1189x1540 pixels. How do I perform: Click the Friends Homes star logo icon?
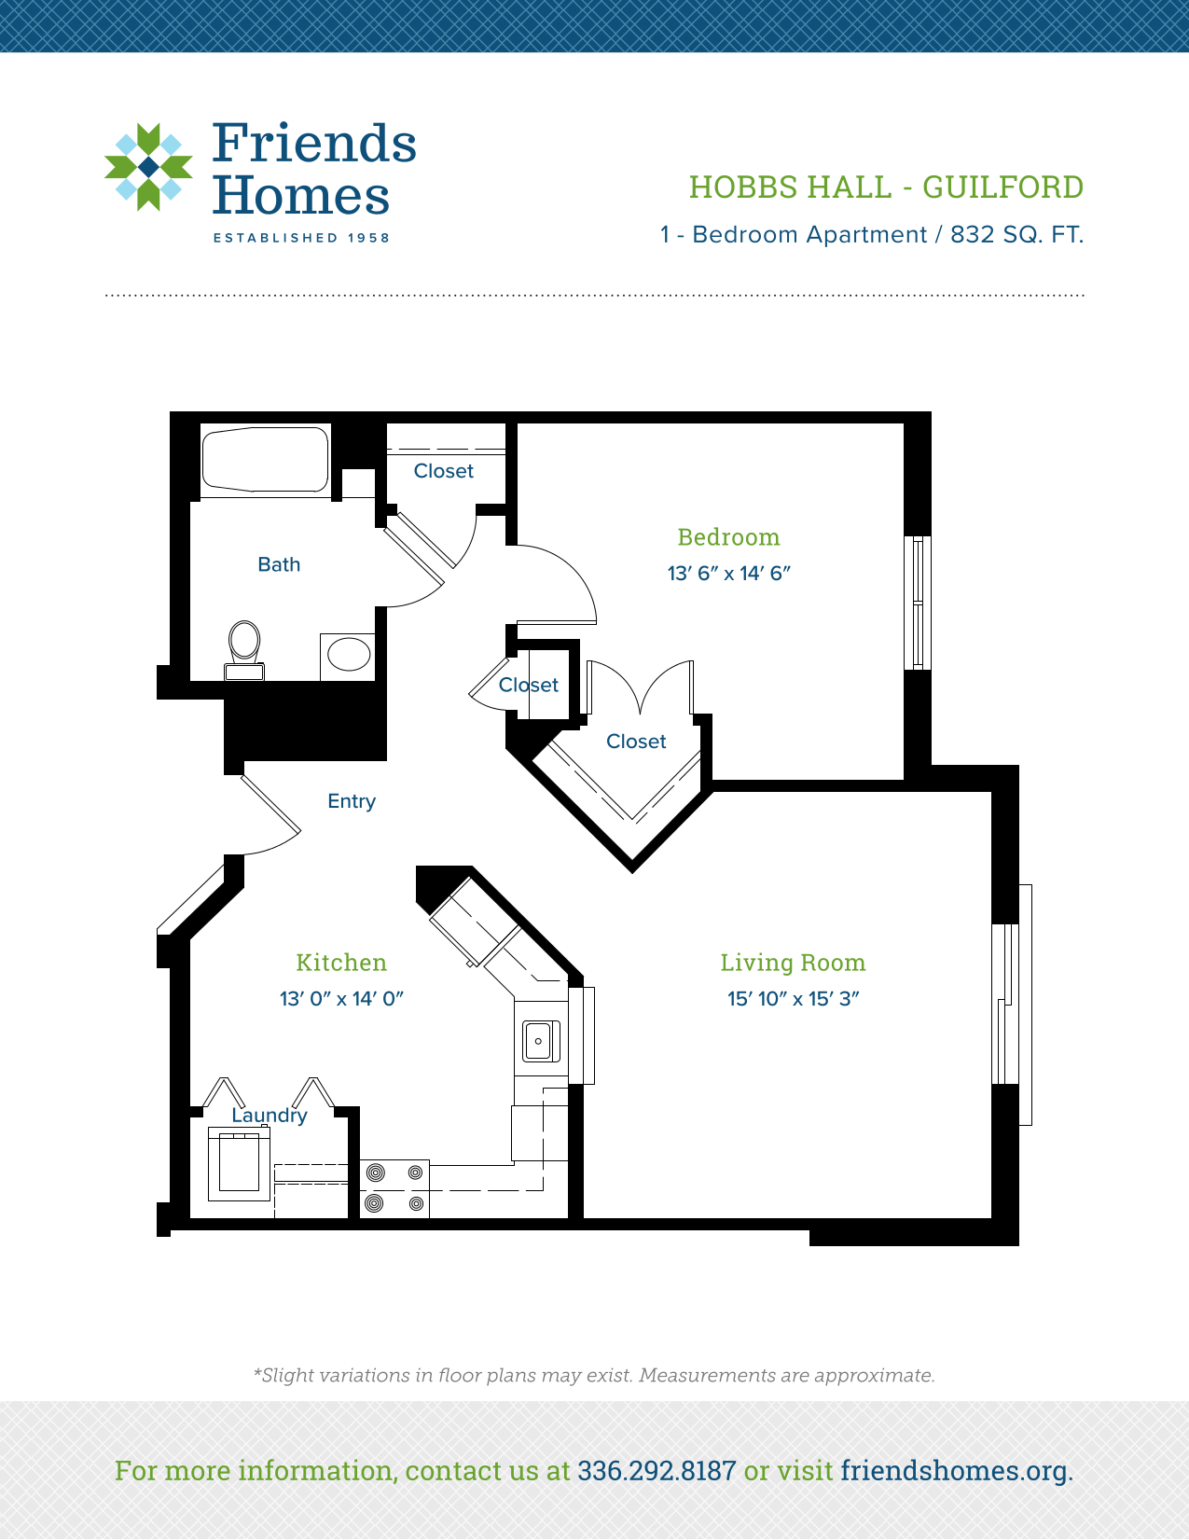coord(148,167)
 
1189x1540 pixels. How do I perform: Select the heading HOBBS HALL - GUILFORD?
coord(886,187)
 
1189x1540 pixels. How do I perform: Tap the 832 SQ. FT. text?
coord(1016,235)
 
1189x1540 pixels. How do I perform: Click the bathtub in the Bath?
coord(266,459)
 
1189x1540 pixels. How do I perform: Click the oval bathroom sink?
coord(349,655)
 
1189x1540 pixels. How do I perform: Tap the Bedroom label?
coord(728,537)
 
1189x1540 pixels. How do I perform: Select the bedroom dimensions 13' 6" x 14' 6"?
coord(728,574)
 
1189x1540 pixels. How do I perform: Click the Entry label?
coord(352,801)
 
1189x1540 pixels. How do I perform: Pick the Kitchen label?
coord(341,963)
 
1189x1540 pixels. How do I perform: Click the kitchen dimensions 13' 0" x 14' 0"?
coord(341,999)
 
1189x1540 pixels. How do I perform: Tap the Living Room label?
coord(793,963)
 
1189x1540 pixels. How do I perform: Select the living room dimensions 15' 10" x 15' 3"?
coord(793,999)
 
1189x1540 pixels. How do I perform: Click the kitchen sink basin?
coord(539,1041)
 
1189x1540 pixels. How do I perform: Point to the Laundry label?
coord(270,1116)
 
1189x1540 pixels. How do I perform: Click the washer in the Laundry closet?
coord(239,1163)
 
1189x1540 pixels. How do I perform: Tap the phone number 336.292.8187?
coord(657,1471)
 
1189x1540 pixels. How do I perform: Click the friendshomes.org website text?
coord(954,1471)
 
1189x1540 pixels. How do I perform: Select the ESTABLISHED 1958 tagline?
coord(301,238)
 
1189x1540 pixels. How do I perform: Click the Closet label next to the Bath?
coord(444,471)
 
